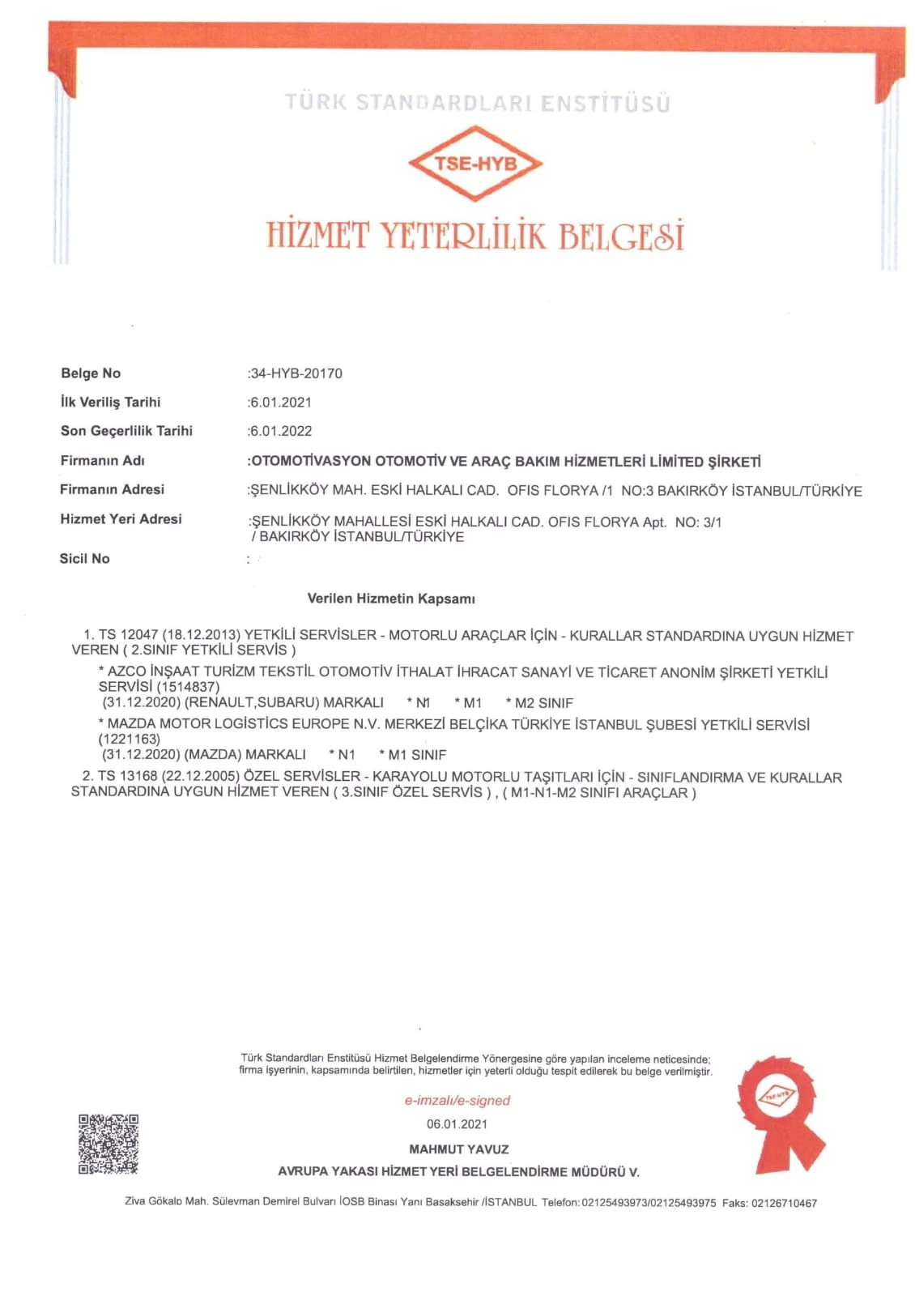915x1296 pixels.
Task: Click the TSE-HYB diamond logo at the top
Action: pos(475,163)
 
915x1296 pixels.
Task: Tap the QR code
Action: pos(108,1144)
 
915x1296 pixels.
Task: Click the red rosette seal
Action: pos(778,1106)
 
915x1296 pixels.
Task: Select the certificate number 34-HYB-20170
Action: pos(296,373)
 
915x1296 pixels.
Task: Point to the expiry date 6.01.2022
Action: pos(281,431)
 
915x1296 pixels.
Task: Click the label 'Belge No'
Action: pos(91,373)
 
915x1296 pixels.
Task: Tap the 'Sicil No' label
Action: pos(84,559)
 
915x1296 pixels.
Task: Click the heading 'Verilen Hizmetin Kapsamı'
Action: pos(391,599)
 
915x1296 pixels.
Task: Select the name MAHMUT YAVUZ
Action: pos(459,1149)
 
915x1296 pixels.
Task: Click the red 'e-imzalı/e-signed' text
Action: pos(457,1100)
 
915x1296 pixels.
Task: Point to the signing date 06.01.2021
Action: pos(457,1123)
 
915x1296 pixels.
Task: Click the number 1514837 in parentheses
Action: pos(188,687)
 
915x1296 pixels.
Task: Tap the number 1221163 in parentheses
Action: pos(130,739)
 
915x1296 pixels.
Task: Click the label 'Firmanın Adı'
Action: pos(102,461)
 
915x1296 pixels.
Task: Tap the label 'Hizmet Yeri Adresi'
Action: pos(121,519)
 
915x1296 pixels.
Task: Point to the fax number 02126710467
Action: pos(784,1203)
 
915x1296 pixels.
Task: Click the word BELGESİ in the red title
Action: pos(621,236)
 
